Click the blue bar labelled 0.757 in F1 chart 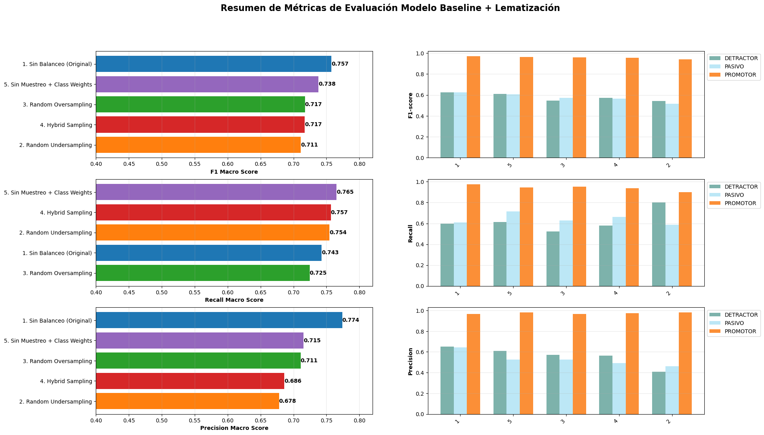click(x=214, y=64)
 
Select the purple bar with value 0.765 click(x=216, y=192)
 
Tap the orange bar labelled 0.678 click(x=188, y=401)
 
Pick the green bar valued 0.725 click(x=203, y=273)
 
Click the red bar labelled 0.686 click(x=190, y=381)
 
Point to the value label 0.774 click(x=351, y=320)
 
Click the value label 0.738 click(x=327, y=84)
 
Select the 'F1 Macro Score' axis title click(x=234, y=172)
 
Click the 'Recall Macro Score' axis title click(x=234, y=300)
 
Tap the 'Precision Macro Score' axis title click(x=234, y=428)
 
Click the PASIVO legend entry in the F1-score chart click(x=728, y=66)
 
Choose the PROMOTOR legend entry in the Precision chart click(x=733, y=331)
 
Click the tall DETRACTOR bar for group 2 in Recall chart click(x=659, y=244)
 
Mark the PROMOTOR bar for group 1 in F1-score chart click(x=473, y=107)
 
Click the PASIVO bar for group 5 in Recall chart click(x=513, y=249)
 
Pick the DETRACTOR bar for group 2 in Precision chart click(x=659, y=393)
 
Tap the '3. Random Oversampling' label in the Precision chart click(x=58, y=361)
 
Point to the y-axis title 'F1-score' click(x=411, y=105)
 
